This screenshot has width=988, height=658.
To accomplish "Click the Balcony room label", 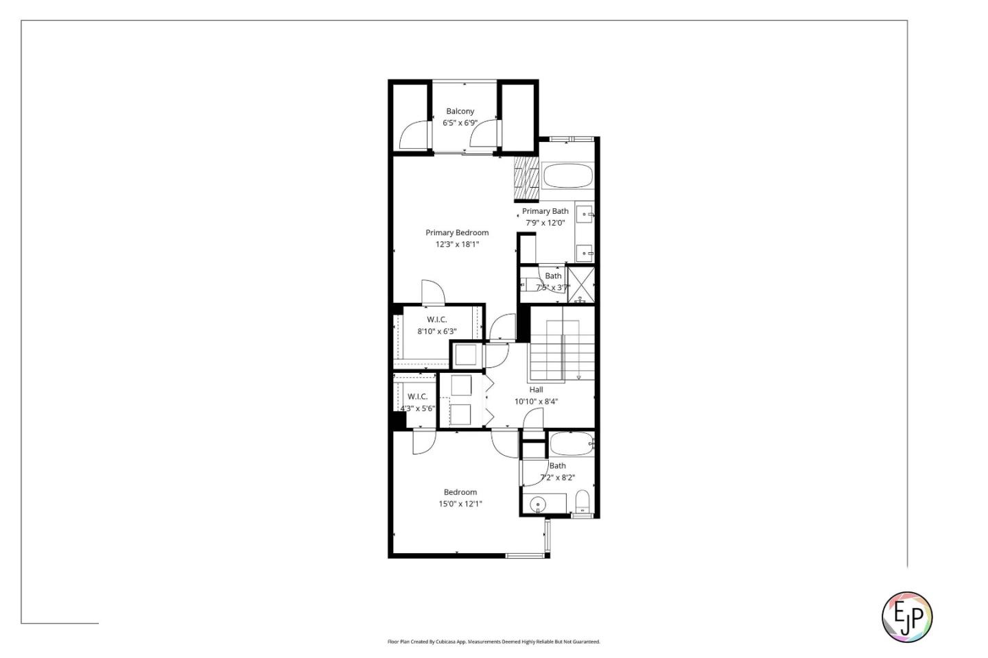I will [460, 111].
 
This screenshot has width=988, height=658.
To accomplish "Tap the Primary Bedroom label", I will [457, 233].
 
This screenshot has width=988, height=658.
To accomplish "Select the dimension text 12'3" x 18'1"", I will [457, 245].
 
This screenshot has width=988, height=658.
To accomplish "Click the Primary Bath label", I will [545, 211].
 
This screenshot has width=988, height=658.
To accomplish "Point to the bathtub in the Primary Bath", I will [567, 176].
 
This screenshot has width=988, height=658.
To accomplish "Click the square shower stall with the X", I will [581, 284].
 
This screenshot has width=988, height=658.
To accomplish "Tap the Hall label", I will [536, 390].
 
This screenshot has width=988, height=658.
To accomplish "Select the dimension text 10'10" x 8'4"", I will [536, 402].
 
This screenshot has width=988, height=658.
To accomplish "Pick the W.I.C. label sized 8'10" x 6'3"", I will [437, 320].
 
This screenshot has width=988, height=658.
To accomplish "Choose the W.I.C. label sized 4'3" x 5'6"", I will [417, 397].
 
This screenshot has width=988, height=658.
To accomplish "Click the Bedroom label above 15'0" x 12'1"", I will [460, 492].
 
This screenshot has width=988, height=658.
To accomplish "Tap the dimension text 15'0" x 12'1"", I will [460, 504].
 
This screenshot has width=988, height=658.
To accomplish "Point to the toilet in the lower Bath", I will [583, 501].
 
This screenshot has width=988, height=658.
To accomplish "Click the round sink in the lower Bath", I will [539, 504].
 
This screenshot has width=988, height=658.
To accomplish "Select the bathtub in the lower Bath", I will [571, 444].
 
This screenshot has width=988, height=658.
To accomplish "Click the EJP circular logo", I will [906, 617].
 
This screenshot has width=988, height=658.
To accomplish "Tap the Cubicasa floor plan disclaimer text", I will [493, 642].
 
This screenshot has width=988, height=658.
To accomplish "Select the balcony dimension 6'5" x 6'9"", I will [460, 123].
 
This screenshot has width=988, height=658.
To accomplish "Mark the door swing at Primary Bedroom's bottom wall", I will [432, 292].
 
